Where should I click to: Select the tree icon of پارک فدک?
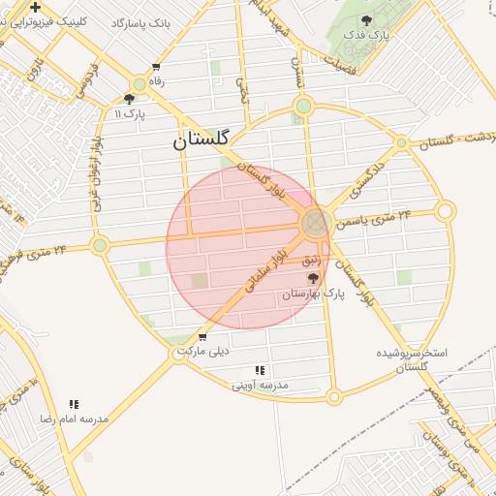pos(365,19)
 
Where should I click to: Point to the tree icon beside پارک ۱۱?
pos(130,99)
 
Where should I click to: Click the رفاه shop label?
pos(156,81)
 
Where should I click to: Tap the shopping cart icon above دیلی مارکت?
pos(201,337)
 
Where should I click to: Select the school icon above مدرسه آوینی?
pos(260,370)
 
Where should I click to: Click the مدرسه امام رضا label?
pos(74,418)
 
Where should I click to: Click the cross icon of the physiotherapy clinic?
pos(35,7)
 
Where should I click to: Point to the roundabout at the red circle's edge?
pos(314,224)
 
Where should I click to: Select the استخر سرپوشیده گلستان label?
pos(412,359)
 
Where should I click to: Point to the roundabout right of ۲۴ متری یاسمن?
pos(445,210)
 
